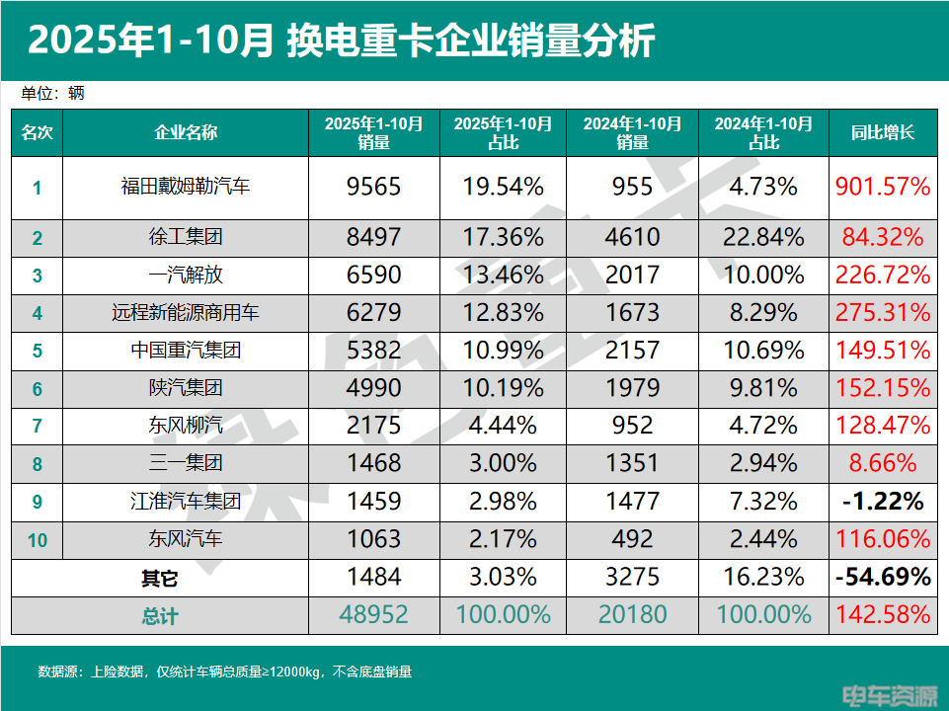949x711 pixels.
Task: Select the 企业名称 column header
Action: [x=186, y=132]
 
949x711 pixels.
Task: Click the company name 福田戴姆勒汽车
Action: [x=186, y=186]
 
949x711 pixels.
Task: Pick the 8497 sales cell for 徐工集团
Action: [x=374, y=237]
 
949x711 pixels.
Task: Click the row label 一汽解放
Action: [x=186, y=275]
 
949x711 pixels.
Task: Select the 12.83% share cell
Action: [x=503, y=313]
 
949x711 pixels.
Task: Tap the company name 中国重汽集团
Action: [x=186, y=351]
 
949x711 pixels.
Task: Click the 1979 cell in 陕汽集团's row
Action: [x=632, y=388]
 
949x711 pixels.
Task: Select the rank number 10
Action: [x=38, y=539]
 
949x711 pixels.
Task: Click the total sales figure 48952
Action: [x=374, y=615]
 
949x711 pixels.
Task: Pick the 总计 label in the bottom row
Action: [x=159, y=616]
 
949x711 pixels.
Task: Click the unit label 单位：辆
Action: [x=53, y=94]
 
